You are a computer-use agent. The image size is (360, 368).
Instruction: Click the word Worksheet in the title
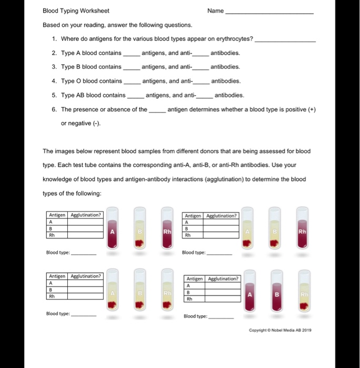pos(95,11)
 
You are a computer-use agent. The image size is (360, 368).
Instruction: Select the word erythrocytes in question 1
pos(233,39)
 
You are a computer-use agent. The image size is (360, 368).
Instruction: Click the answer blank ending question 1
pos(285,40)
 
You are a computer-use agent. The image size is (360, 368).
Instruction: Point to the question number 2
pos(54,53)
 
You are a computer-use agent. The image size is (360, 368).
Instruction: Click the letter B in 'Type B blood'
pos(78,67)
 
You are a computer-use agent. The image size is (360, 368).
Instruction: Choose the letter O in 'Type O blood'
pos(78,81)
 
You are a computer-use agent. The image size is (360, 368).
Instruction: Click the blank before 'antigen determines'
pos(157,111)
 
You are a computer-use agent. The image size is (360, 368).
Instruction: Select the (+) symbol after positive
pos(312,109)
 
